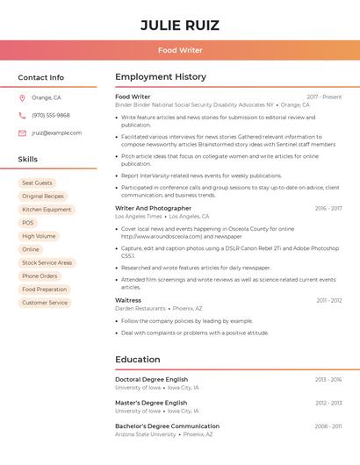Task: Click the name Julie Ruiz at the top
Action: pos(180,25)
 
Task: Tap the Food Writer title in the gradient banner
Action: pos(180,50)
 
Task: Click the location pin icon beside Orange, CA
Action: pos(22,97)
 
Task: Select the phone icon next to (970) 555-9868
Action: pos(22,115)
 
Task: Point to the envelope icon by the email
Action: pos(22,133)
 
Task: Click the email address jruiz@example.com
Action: pos(56,133)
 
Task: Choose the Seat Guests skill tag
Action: pos(37,183)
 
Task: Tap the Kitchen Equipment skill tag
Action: pos(47,210)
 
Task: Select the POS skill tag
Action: pos(28,223)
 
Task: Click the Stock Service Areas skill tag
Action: pos(47,262)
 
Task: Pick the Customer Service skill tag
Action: pos(45,303)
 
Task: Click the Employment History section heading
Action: pos(161,77)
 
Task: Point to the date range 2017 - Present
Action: pos(324,97)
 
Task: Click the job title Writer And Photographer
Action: pos(153,208)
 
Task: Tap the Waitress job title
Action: pos(128,300)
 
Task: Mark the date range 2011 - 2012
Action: pos(329,300)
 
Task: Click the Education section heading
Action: pos(138,359)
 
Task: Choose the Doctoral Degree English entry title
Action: pos(151,379)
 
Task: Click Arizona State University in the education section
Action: pos(146,434)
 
